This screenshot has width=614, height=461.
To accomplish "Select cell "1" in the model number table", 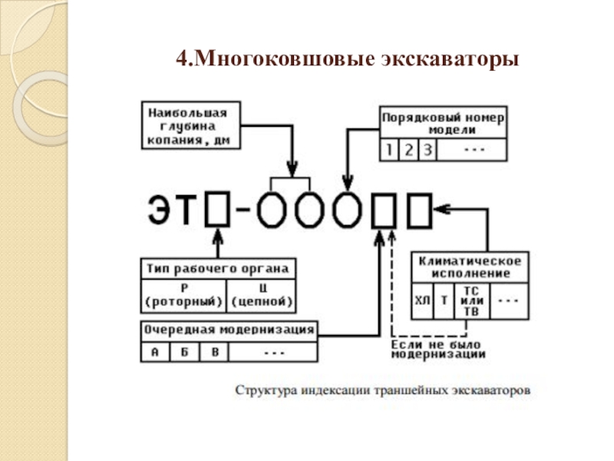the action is [x=390, y=149].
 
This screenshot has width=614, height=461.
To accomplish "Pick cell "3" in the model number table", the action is [x=427, y=149].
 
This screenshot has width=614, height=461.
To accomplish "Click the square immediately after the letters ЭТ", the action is [x=218, y=209].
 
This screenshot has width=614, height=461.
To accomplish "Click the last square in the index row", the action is [x=419, y=209].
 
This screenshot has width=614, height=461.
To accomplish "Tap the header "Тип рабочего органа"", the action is [x=218, y=269].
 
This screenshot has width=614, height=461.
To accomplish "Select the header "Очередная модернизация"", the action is [x=229, y=330].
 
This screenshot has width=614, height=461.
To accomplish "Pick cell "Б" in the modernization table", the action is [x=184, y=352].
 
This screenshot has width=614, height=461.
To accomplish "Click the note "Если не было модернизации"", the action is [x=437, y=350].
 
